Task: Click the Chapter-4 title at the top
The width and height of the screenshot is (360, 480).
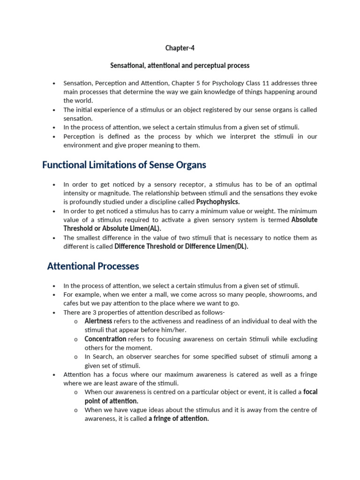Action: (x=180, y=48)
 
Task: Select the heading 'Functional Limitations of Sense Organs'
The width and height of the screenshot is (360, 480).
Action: (x=124, y=165)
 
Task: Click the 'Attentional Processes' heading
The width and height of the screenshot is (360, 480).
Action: (x=93, y=266)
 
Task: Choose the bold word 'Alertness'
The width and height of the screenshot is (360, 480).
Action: (x=98, y=321)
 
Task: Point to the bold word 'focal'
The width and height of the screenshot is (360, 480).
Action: (x=310, y=392)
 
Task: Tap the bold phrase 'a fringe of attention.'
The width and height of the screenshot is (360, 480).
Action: (x=179, y=419)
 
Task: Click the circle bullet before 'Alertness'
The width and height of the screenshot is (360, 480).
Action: (x=76, y=322)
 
